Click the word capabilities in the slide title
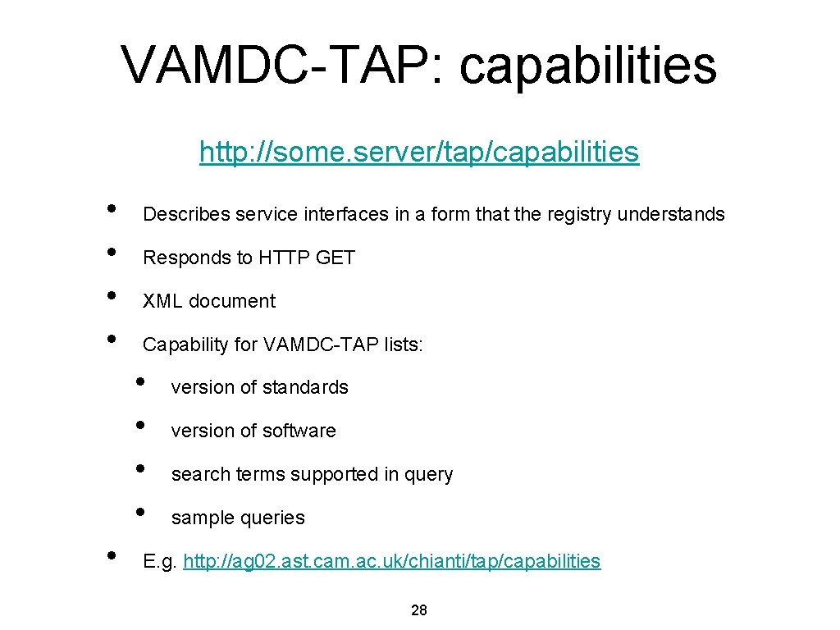[588, 65]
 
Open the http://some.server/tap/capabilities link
[418, 152]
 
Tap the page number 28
[418, 610]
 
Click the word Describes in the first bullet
[186, 215]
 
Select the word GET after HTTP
[335, 258]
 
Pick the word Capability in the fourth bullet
[186, 345]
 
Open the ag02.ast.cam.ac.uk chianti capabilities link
[392, 562]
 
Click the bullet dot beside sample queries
[139, 510]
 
